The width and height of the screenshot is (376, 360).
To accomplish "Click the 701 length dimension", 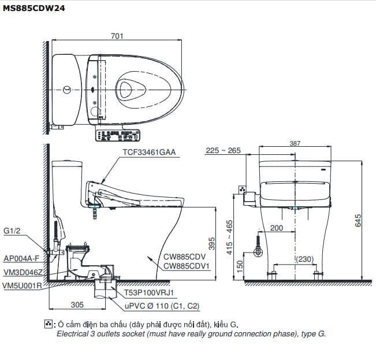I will [117, 36].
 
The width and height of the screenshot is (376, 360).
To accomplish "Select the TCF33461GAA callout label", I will [148, 153].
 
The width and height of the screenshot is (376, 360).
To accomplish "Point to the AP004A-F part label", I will [21, 259].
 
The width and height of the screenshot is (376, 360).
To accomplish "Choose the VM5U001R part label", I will [22, 285].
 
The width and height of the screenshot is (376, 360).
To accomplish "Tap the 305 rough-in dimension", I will [77, 305].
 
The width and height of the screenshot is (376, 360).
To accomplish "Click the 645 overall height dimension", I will [358, 220].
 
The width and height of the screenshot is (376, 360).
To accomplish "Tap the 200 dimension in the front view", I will [277, 228].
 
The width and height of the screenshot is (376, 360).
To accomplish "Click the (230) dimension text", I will [306, 260].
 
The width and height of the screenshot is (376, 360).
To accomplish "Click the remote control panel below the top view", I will [118, 135].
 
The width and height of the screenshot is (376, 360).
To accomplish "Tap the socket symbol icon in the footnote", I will [49, 324].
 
